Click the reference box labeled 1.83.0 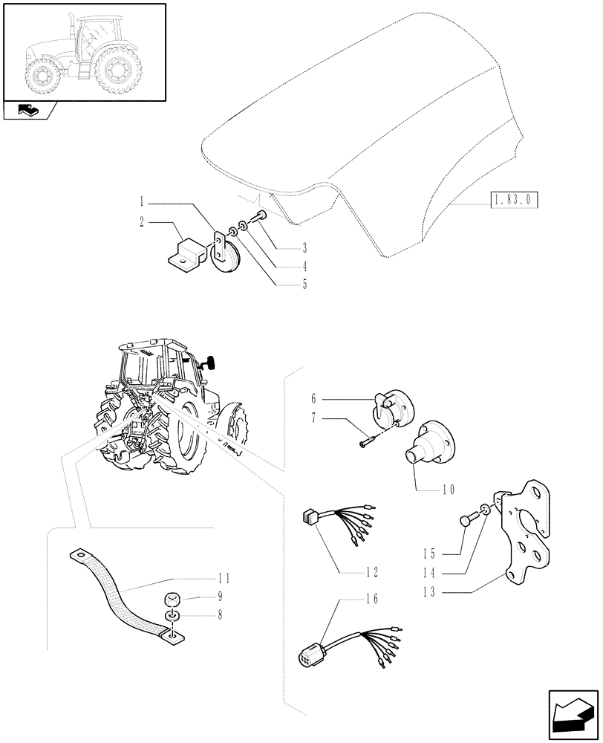click(514, 201)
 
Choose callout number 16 click(372, 600)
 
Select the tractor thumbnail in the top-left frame click(83, 51)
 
